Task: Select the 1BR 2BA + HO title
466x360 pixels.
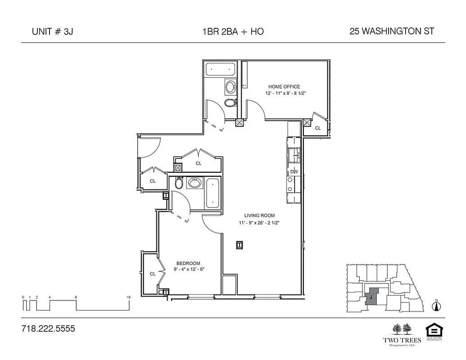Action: point(233,31)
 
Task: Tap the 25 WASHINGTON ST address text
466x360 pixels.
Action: point(391,31)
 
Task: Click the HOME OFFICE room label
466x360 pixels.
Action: point(284,87)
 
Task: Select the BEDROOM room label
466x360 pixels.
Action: point(188,263)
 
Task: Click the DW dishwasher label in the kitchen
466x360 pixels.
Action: point(294,171)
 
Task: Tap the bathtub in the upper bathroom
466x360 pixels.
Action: point(221,70)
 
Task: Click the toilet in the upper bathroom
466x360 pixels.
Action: point(230,103)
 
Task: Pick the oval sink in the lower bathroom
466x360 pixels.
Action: point(195,183)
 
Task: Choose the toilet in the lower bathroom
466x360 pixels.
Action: point(178,183)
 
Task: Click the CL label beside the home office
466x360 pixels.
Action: point(318,128)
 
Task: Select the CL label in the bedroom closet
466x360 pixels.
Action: point(153,274)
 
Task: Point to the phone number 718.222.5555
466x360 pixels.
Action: point(48,329)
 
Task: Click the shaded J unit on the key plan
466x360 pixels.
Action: point(371,297)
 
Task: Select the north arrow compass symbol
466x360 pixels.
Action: point(435,306)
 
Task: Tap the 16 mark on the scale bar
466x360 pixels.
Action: point(129,297)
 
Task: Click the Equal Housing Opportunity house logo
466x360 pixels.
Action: point(435,330)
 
